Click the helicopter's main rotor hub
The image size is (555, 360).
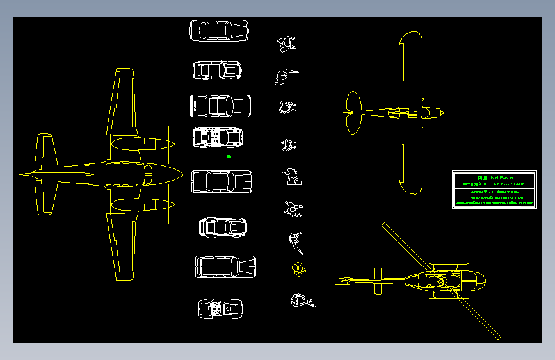tap(442, 281)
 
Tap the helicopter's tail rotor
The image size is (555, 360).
tap(346, 280)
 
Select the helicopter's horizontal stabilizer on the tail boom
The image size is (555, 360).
tap(377, 281)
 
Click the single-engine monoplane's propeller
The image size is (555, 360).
tap(442, 112)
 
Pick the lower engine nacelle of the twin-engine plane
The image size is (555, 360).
tap(142, 205)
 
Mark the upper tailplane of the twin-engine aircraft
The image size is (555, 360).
tap(45, 151)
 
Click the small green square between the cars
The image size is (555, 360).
tap(229, 156)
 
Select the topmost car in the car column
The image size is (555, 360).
tap(219, 31)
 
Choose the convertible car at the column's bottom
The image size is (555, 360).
tap(221, 309)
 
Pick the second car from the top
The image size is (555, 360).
tap(218, 70)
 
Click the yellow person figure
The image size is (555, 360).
tap(298, 268)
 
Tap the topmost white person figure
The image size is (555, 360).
tap(286, 44)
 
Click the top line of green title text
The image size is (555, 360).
tap(494, 177)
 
